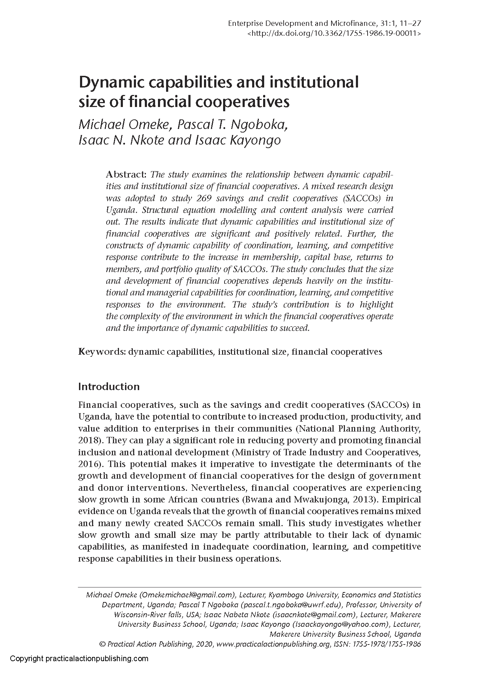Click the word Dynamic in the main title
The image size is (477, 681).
109,83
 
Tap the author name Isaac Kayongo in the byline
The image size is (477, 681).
238,140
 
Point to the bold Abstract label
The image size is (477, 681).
126,174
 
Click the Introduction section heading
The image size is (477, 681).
109,386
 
